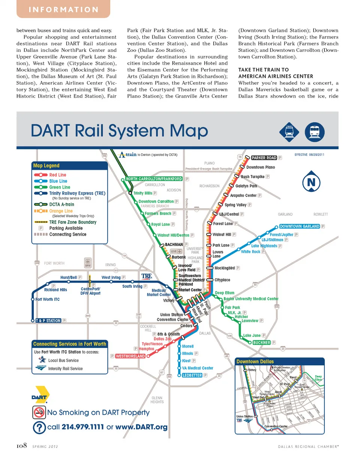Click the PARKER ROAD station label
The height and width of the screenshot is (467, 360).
click(x=264, y=158)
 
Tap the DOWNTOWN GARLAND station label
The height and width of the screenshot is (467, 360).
click(x=300, y=227)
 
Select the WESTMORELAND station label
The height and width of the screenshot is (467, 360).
click(x=130, y=356)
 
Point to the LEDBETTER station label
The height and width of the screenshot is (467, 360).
click(x=192, y=375)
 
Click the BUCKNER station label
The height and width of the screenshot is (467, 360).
click(x=261, y=343)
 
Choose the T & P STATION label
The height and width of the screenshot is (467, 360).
click(x=48, y=321)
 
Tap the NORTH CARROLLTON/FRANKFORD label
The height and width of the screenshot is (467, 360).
click(x=154, y=179)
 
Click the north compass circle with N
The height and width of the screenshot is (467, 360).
click(x=311, y=183)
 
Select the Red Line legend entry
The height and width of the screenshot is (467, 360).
click(x=57, y=175)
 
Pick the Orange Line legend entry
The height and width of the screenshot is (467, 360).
click(x=61, y=211)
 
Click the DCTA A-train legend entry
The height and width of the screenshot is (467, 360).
click(x=61, y=204)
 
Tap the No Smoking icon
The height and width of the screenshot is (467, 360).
click(x=39, y=412)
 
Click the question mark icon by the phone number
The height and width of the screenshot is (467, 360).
click(x=39, y=428)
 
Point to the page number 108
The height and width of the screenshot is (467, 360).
click(x=22, y=446)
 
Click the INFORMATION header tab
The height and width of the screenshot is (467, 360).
click(x=63, y=9)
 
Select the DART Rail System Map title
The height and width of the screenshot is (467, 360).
click(x=119, y=131)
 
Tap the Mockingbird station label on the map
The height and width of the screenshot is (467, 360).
click(x=224, y=268)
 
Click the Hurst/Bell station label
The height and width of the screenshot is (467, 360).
click(x=68, y=278)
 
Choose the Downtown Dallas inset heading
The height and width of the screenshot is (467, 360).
click(x=255, y=362)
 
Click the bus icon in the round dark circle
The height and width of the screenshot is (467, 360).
click(x=315, y=132)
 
